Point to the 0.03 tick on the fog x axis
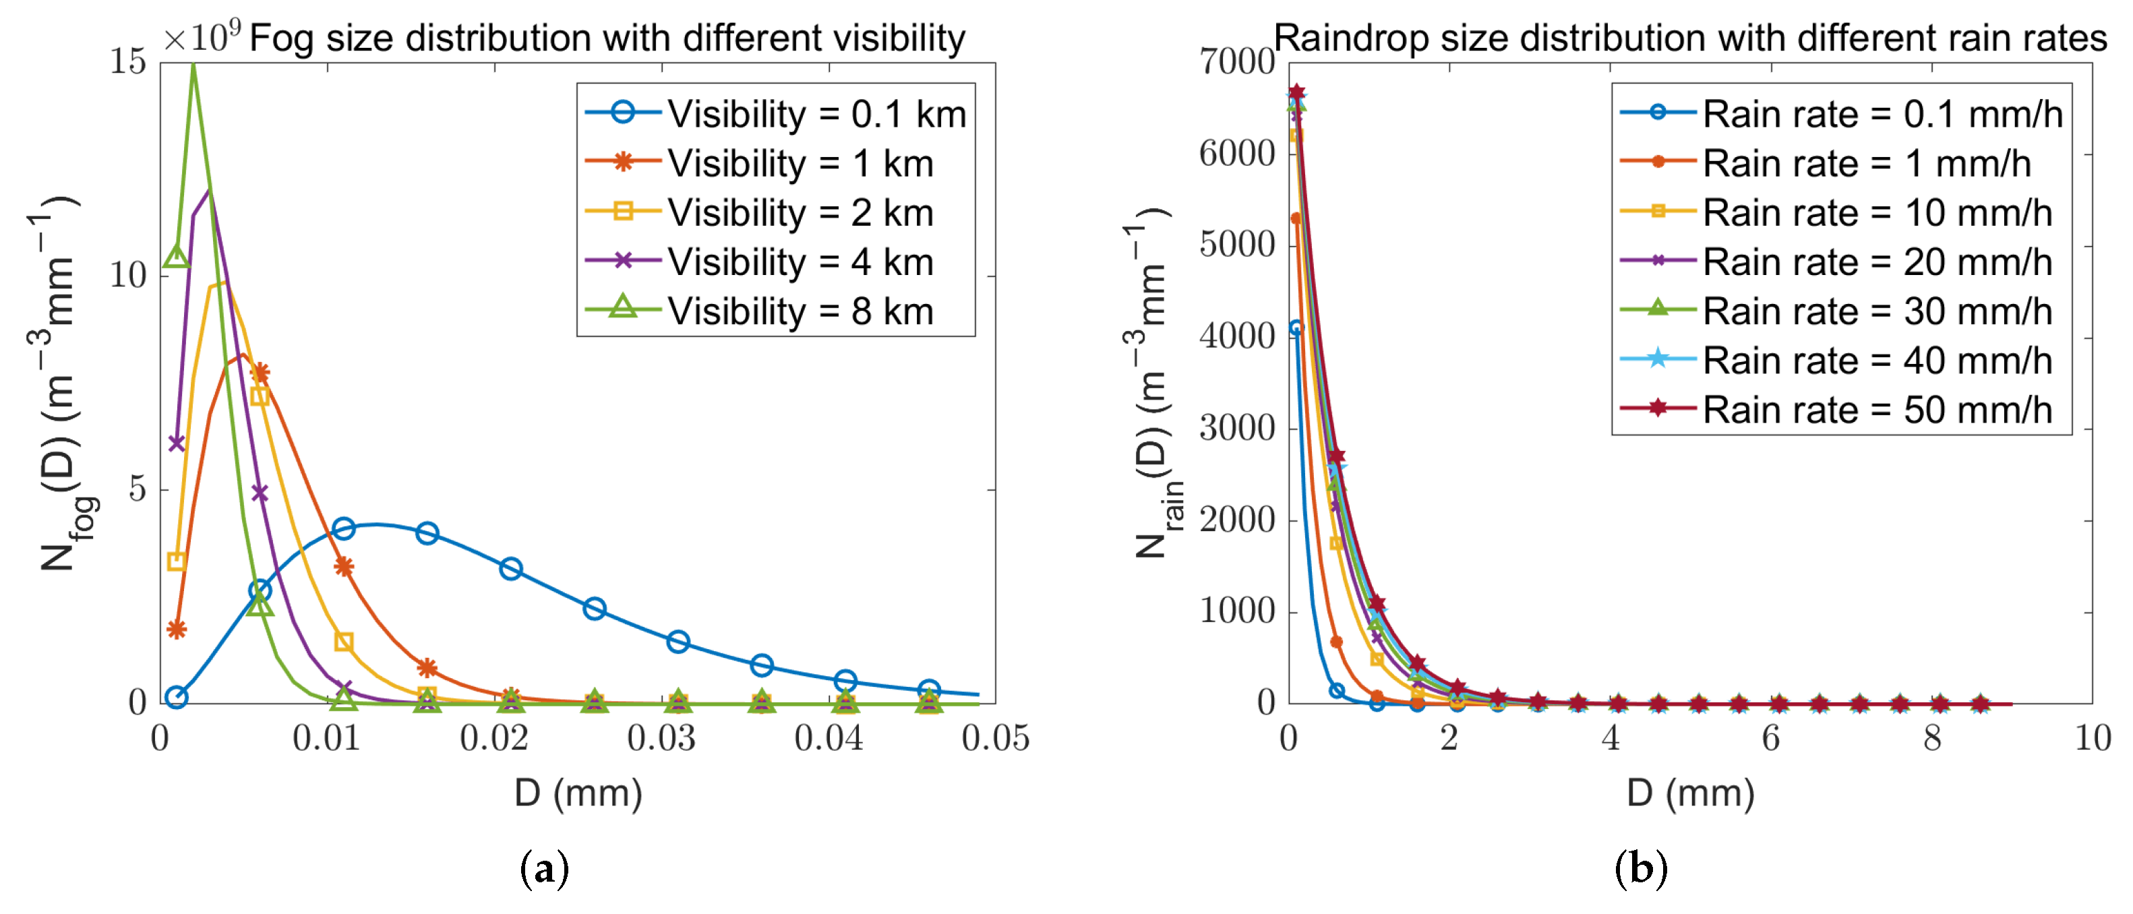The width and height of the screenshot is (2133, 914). [661, 737]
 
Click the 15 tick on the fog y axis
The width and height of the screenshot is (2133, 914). [127, 62]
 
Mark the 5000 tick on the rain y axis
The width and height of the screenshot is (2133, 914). [1236, 245]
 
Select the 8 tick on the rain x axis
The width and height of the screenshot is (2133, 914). [1932, 737]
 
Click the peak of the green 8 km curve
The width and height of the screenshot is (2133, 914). [193, 66]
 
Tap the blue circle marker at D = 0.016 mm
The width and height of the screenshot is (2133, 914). [427, 533]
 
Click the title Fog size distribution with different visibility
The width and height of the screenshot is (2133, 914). [607, 38]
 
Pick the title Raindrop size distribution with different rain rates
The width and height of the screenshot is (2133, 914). [1689, 38]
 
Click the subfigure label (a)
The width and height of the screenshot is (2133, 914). [544, 868]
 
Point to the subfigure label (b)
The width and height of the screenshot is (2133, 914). [1640, 868]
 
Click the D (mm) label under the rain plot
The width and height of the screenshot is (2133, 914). [1690, 793]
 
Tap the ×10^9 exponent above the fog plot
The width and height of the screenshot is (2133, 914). [201, 36]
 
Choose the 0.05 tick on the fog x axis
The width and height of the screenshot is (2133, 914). [994, 737]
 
